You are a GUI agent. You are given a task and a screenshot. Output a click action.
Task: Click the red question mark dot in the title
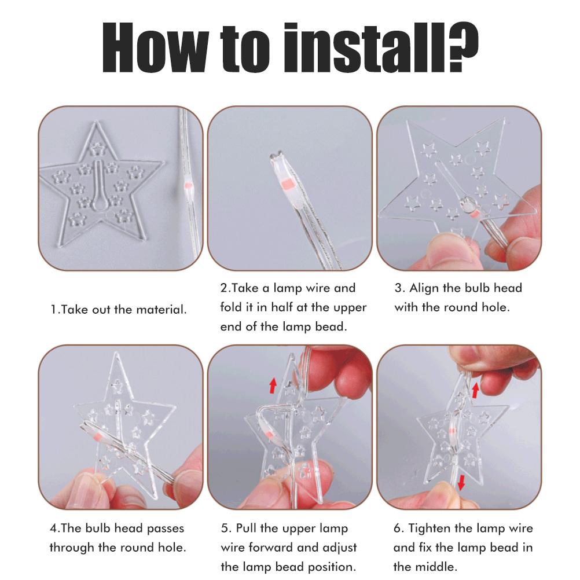point(458,67)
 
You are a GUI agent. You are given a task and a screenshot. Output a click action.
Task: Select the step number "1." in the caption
point(55,309)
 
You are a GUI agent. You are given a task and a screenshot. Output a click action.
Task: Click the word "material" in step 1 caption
point(161,309)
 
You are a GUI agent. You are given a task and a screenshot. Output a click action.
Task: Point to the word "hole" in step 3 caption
point(495,307)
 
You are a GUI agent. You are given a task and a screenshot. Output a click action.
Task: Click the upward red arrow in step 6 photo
point(476,390)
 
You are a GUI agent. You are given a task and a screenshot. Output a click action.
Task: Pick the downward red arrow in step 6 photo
point(461,483)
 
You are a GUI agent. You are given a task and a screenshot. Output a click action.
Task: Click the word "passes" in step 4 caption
point(166,529)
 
